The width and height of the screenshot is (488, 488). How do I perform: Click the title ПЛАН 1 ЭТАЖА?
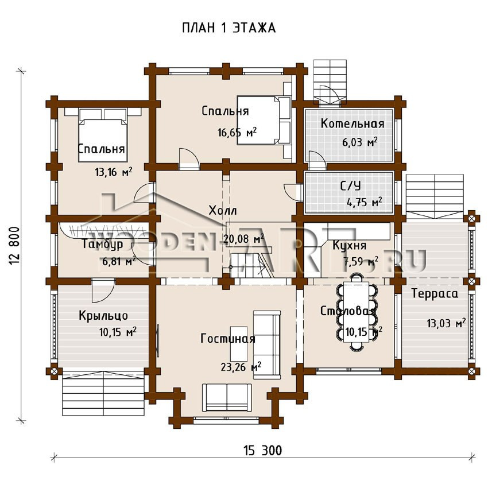pos(228,28)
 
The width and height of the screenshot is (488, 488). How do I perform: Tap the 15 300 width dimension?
pos(263,450)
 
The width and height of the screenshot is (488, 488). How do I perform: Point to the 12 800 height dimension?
pos(14,246)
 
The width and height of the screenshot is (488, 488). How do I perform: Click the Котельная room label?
pos(353,123)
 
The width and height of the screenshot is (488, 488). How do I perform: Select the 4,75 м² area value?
pos(365,202)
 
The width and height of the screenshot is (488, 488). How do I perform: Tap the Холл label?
pos(223,210)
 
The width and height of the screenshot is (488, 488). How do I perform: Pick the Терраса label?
pos(435,294)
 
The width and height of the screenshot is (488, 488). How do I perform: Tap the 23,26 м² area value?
pos(241,367)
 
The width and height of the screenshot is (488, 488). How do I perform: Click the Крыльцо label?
pos(103,316)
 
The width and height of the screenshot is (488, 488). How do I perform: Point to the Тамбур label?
pos(102,244)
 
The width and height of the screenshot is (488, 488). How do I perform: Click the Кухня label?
pos(350,246)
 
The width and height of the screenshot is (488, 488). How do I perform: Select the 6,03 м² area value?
pos(360,142)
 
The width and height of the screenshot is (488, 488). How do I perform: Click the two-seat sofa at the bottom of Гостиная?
pos(227,397)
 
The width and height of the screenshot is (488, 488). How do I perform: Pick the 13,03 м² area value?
pos(446,323)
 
